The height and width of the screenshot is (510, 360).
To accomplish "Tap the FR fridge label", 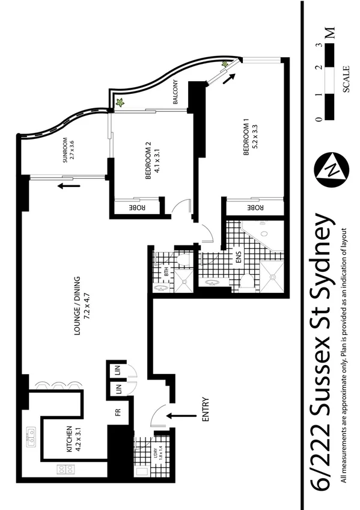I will click(x=118, y=413).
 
